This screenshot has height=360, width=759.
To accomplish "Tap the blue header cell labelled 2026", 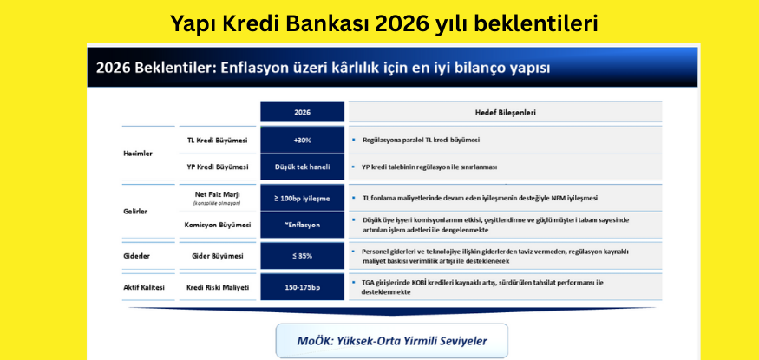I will click(x=302, y=112).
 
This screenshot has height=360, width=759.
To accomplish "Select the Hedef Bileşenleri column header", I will click(x=505, y=112).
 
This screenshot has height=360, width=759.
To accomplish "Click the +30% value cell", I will click(x=302, y=140).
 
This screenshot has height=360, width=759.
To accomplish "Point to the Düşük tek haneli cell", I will click(x=302, y=167).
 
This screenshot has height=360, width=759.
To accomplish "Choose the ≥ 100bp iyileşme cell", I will click(x=302, y=198).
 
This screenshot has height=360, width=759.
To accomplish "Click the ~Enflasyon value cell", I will click(x=302, y=225).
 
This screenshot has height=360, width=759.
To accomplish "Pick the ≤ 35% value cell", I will click(x=302, y=256).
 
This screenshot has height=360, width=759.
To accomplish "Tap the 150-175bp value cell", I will click(x=302, y=286).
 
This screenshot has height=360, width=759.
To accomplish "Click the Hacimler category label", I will click(x=138, y=154).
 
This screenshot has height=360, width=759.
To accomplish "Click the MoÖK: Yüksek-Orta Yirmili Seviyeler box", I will click(x=392, y=339).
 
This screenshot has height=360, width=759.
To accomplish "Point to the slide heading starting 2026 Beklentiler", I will click(x=323, y=67).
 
